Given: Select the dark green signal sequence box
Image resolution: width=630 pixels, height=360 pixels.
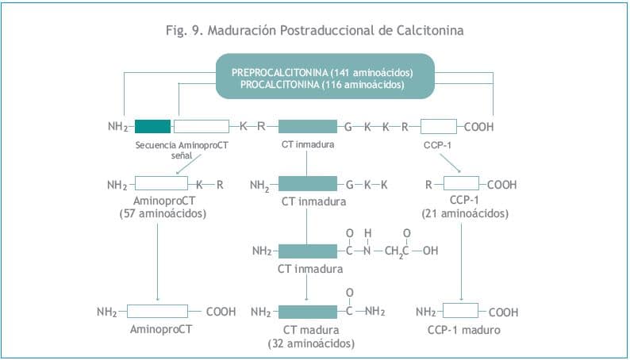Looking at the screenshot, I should point(152,126).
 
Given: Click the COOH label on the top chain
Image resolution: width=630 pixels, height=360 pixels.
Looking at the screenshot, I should point(478,126).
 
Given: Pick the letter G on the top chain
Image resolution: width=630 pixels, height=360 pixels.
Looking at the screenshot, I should point(348,126).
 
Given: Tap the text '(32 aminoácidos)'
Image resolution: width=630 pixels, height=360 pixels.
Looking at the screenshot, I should point(311,343).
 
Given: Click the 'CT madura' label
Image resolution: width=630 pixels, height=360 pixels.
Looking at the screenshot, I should point(311,330).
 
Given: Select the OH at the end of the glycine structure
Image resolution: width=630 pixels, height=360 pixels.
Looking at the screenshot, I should point(429,251).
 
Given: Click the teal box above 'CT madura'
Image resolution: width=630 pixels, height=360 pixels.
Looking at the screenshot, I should point(308,312).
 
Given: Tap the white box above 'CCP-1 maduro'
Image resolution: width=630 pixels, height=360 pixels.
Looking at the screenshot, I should point(459,312).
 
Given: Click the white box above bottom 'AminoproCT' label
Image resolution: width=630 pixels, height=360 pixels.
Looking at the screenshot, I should point(157,312).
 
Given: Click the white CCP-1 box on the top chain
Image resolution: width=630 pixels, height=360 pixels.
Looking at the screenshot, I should point(438,126).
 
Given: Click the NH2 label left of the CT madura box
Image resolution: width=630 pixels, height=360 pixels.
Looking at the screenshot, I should point(262,312).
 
